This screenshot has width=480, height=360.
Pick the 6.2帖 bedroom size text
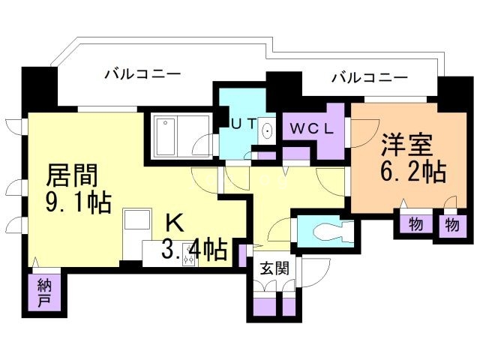point(413,172)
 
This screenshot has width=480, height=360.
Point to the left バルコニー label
point(142,74)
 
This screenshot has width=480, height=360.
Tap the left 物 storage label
point(415,223)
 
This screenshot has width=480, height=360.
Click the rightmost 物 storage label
point(451,223)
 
